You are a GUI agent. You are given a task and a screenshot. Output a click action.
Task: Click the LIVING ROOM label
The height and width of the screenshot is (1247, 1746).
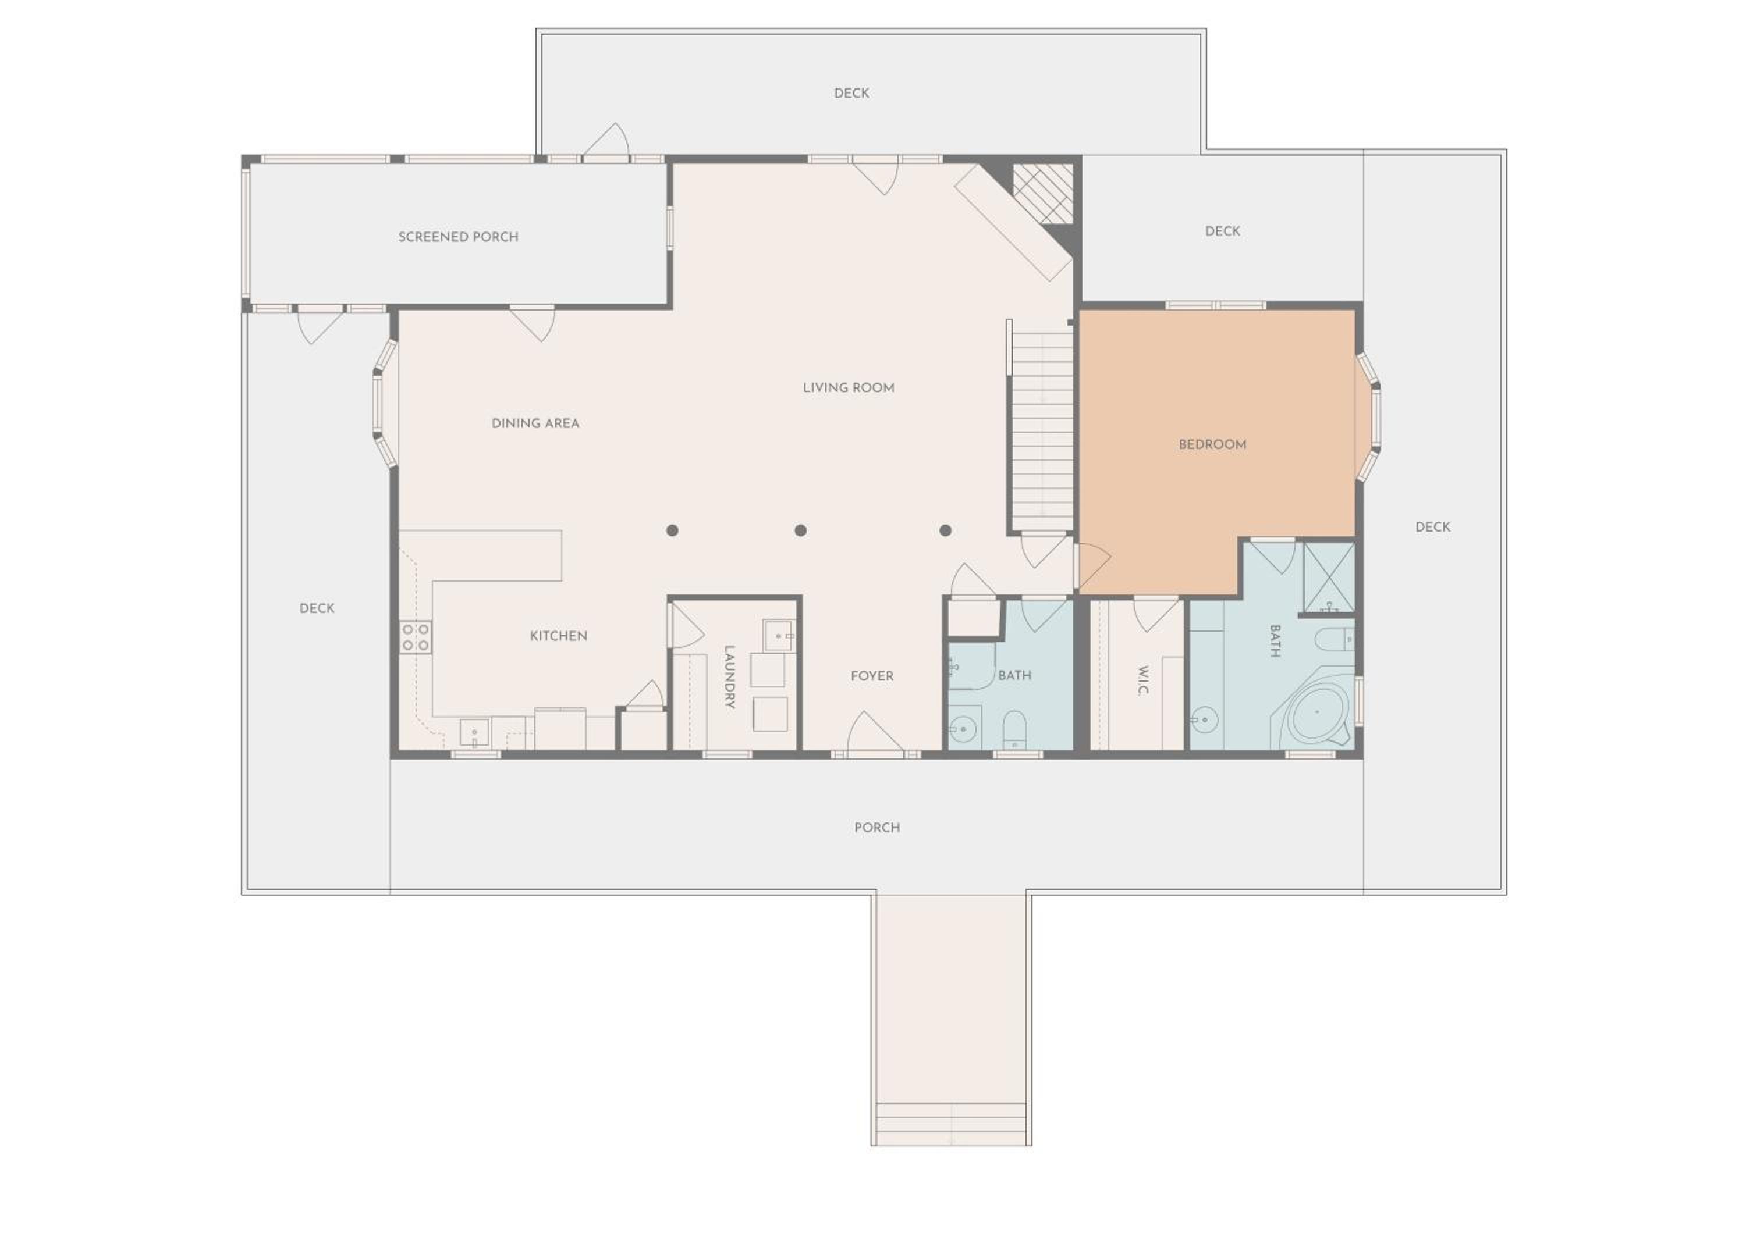(848, 388)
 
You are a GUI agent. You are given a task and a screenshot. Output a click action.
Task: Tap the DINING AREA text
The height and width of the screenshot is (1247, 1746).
(535, 423)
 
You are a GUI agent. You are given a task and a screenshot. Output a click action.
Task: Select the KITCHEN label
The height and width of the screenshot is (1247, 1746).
(559, 636)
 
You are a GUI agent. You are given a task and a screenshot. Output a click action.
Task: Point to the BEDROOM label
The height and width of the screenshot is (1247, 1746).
(1212, 444)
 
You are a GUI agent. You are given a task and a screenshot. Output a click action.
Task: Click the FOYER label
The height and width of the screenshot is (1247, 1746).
(872, 676)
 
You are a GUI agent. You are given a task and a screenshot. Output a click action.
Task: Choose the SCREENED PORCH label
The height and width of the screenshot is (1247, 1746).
(458, 237)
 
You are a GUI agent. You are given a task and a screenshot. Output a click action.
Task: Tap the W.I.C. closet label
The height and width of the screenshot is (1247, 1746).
(1142, 680)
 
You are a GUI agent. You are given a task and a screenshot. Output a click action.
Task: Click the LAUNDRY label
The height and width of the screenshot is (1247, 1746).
(729, 676)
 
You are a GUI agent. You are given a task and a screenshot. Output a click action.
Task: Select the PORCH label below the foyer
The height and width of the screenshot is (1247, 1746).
(876, 827)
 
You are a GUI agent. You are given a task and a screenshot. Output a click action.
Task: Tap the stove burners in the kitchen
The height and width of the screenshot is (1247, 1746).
(415, 637)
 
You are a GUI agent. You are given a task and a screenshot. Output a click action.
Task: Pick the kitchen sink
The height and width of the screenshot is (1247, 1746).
(474, 732)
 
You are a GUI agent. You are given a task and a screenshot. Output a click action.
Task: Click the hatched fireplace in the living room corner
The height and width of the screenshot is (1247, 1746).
(1042, 194)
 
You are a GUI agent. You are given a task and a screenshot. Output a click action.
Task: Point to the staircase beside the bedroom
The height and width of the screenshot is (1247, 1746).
(1042, 429)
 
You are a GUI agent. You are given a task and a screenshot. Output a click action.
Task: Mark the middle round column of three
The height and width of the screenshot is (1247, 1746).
(800, 530)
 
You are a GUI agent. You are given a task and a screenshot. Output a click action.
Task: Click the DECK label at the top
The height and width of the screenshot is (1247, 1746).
(851, 93)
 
